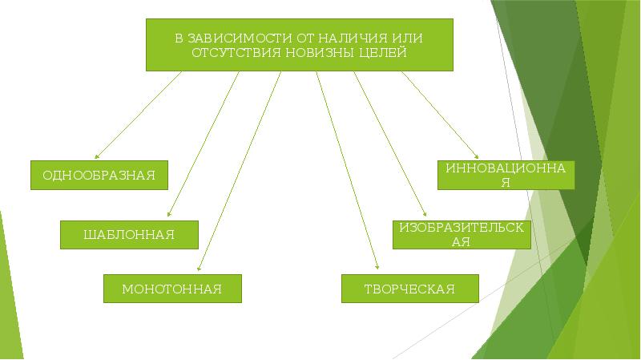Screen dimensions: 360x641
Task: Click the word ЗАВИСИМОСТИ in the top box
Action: (233, 38)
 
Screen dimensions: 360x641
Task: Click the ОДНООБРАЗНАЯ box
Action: (99, 175)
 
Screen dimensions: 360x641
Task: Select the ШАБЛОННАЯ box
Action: (129, 234)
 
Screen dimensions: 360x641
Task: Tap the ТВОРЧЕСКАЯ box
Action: (409, 289)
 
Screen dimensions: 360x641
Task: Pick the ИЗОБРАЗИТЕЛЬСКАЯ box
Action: (461, 234)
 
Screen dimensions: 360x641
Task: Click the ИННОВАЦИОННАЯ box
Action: (506, 175)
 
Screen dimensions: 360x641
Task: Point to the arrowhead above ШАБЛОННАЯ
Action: (167, 215)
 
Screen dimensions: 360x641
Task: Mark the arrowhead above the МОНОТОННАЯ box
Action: (198, 269)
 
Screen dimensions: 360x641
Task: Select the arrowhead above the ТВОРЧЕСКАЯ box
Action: (377, 269)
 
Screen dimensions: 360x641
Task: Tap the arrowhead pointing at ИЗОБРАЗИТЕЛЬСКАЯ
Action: (425, 214)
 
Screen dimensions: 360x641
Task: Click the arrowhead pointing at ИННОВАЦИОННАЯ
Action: (478, 156)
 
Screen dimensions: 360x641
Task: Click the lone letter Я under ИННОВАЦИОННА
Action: (506, 182)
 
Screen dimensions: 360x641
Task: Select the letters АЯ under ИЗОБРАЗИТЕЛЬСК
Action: (461, 241)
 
